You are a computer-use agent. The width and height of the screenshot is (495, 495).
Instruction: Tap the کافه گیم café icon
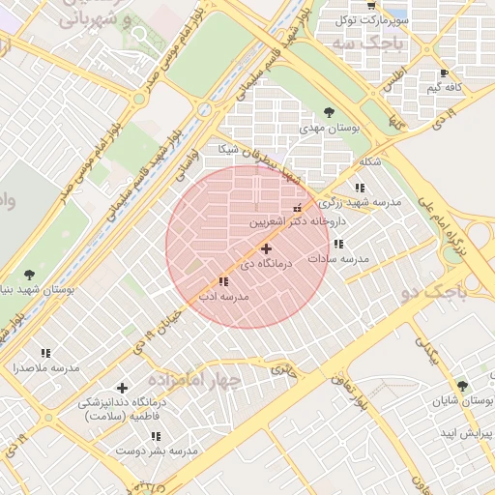[x=444, y=73]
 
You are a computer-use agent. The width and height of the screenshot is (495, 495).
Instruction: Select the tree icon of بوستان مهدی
[x=329, y=112]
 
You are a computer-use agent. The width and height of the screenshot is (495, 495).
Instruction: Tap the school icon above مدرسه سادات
[x=338, y=245]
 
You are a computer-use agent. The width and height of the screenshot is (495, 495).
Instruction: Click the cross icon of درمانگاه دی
[x=266, y=248]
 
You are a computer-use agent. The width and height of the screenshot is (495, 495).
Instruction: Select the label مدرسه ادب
[x=224, y=296]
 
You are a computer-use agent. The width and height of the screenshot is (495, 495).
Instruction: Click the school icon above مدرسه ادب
[x=223, y=281]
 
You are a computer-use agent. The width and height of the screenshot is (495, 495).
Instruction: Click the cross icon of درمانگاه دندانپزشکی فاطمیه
[x=121, y=388]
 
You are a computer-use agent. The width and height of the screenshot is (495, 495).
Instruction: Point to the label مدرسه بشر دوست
[x=157, y=451]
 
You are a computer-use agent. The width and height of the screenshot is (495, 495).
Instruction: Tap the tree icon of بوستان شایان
[x=461, y=386]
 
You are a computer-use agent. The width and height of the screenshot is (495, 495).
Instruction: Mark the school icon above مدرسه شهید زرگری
[x=360, y=188]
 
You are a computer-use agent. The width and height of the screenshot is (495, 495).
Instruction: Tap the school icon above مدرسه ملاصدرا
[x=45, y=354]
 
